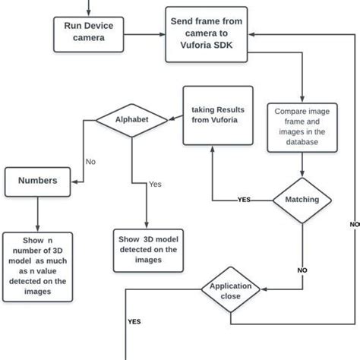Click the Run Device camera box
(x=88, y=32)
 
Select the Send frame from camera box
(x=207, y=33)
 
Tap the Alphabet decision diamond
(x=131, y=120)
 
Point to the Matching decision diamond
(x=302, y=200)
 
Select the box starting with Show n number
(x=38, y=262)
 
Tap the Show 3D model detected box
(x=147, y=249)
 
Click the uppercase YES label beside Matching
(x=245, y=201)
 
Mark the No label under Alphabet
(x=90, y=162)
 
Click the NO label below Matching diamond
(x=302, y=270)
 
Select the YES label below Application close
(x=134, y=321)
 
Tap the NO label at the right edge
(x=353, y=225)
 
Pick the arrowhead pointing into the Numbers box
(x=76, y=182)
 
